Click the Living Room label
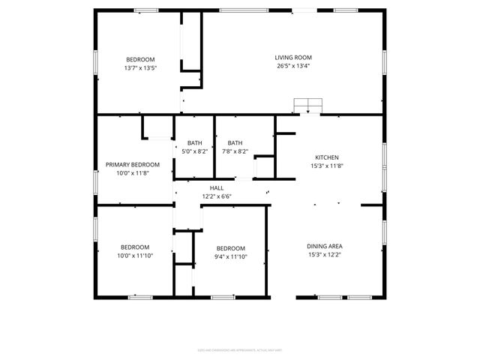(292, 58)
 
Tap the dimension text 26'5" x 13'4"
(292, 66)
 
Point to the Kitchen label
(326, 157)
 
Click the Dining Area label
(325, 246)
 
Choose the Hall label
(217, 188)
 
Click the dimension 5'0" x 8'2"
(194, 151)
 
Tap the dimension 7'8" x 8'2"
(235, 151)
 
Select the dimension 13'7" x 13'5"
(140, 68)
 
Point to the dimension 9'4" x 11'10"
(230, 257)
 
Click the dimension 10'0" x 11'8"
(132, 173)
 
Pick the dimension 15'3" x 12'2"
(325, 254)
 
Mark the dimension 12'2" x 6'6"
(217, 196)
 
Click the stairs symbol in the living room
(307, 105)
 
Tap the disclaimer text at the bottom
(239, 349)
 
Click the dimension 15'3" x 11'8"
(326, 166)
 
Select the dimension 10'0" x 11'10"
(135, 256)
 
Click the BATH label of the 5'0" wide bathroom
(194, 143)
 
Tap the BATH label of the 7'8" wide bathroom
(235, 143)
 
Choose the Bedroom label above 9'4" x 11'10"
(230, 249)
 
